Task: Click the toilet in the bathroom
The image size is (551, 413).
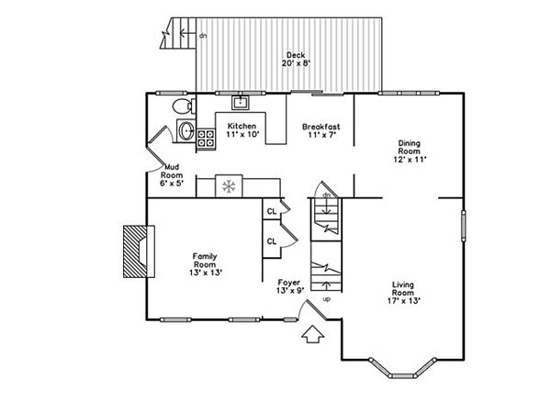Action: pyautogui.click(x=184, y=106)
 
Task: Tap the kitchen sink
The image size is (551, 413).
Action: pyautogui.click(x=241, y=103)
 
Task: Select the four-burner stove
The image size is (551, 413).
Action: pyautogui.click(x=206, y=138)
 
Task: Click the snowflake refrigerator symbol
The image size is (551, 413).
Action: pyautogui.click(x=229, y=185)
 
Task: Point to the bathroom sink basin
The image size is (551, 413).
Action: pyautogui.click(x=186, y=130)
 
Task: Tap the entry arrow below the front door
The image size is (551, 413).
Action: pyautogui.click(x=313, y=334)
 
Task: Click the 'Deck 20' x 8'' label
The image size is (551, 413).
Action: pyautogui.click(x=296, y=60)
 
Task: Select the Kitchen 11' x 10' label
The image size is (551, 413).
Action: pyautogui.click(x=242, y=130)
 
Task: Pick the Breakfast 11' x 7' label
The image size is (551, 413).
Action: pyautogui.click(x=321, y=130)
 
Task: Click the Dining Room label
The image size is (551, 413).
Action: pyautogui.click(x=410, y=147)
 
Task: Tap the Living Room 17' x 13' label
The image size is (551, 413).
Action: pyautogui.click(x=403, y=293)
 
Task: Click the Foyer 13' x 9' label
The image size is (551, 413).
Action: pyautogui.click(x=290, y=286)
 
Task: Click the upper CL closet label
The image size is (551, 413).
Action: pyautogui.click(x=272, y=211)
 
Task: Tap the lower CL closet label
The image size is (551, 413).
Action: pyautogui.click(x=272, y=241)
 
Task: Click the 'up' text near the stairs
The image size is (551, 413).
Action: pyautogui.click(x=327, y=299)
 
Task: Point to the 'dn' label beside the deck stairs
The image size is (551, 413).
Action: pyautogui.click(x=203, y=36)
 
